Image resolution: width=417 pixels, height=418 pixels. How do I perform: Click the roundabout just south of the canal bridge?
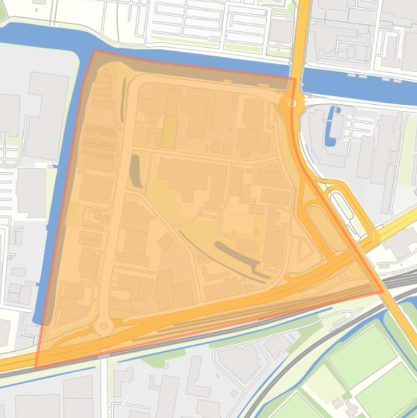pos(292,103)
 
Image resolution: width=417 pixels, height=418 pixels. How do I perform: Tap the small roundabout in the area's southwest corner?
pos(103,327)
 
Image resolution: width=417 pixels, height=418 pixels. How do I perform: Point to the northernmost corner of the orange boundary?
pos(95,51)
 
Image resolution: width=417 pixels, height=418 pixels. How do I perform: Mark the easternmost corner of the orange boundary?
pos(383,292)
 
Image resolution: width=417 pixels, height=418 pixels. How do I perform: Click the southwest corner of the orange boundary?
pos(36,368)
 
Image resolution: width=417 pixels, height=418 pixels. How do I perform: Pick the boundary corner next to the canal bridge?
pos(295,79)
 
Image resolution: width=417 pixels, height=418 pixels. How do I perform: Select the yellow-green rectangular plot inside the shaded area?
pos(169,132)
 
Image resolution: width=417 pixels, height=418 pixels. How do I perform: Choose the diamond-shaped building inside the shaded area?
pos(165,241)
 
